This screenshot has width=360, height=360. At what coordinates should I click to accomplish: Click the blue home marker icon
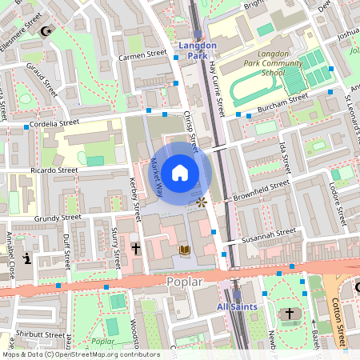[x=180, y=172]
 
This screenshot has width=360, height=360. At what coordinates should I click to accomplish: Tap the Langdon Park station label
[x=197, y=50]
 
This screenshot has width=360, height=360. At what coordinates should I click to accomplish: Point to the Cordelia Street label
[x=55, y=124]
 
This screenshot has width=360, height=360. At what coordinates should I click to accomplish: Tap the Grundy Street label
[x=58, y=217]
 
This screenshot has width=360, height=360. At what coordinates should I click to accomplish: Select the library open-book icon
[x=185, y=250]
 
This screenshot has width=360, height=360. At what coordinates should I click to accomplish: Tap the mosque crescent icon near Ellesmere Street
[x=46, y=31]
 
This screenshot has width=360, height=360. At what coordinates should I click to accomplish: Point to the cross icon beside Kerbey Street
[x=136, y=249]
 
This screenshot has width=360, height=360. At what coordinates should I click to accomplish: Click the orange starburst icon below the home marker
[x=201, y=203]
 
